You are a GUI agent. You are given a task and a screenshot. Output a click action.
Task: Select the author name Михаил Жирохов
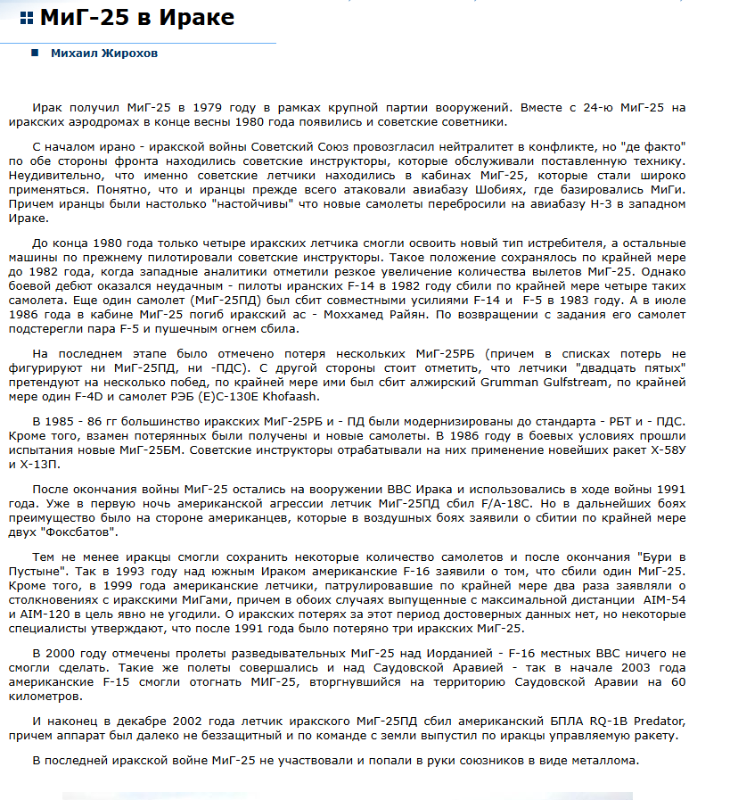(103, 54)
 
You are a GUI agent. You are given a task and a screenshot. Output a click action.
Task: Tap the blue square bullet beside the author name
(35, 54)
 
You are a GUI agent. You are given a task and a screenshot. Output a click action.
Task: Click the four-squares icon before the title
(27, 18)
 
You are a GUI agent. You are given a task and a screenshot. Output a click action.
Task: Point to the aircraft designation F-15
(121, 682)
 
